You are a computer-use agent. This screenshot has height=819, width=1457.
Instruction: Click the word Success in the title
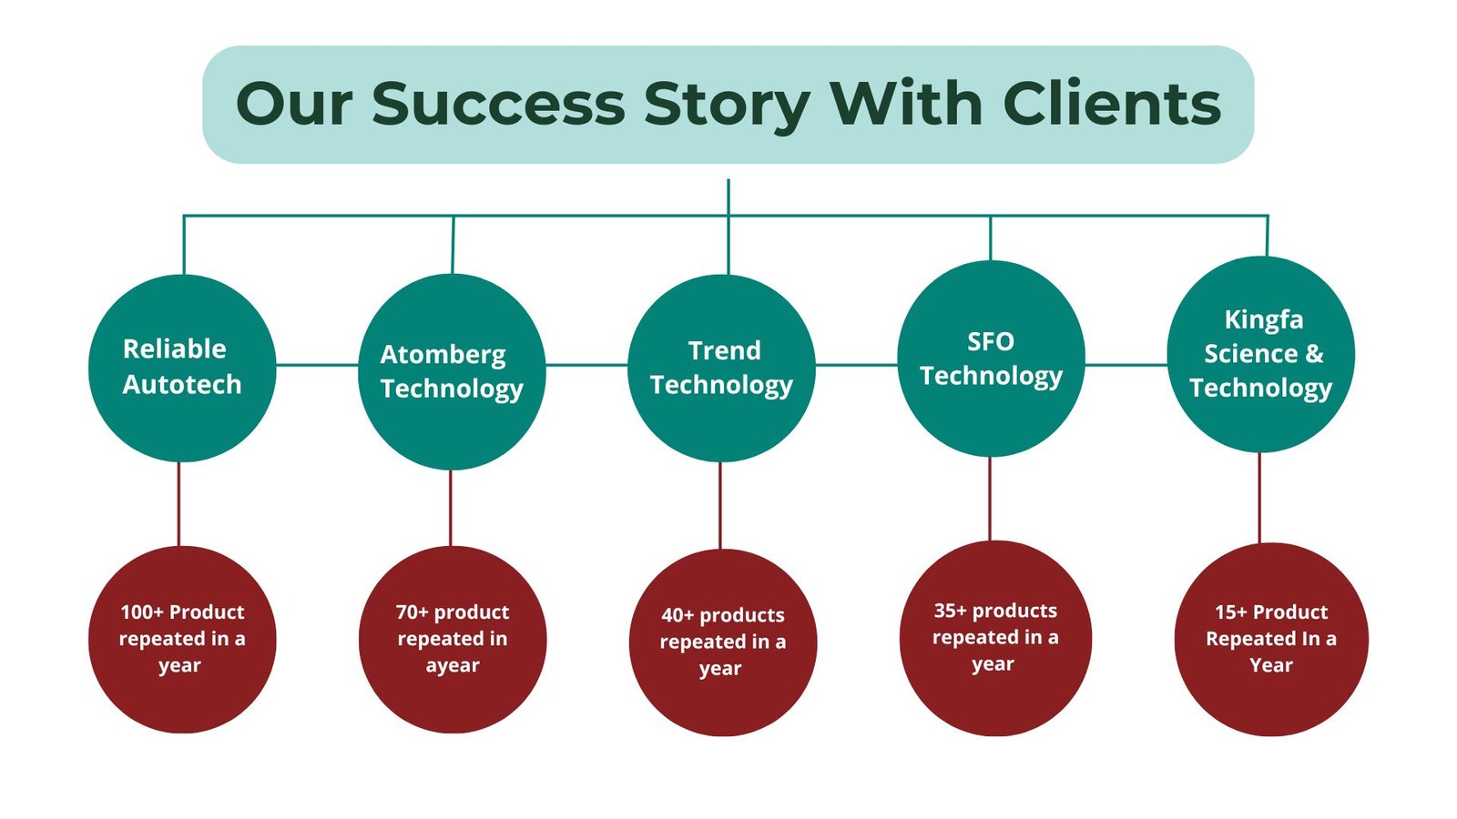coord(498,104)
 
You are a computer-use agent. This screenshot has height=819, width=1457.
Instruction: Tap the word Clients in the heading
coord(1112,104)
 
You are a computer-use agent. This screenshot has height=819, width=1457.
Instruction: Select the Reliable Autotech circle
coord(182,368)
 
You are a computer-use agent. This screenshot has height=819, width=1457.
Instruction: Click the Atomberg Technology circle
coord(452,372)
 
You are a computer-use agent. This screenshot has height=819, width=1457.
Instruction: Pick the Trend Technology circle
coord(721,368)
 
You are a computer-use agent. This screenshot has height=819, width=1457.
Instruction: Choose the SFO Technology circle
coord(991,359)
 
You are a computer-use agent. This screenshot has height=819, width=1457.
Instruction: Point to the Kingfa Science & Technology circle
coord(1261,354)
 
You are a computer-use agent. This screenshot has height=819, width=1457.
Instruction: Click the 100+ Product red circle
coord(182,640)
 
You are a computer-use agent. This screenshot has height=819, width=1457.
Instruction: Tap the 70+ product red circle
coord(453,640)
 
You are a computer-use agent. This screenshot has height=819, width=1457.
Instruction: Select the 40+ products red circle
coord(723,642)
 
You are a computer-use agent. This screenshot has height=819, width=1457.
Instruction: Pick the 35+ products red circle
coord(996,638)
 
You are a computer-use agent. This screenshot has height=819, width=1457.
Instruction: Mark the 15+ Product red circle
coord(1271,640)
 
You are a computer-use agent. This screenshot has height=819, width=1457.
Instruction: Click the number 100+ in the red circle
coord(142,612)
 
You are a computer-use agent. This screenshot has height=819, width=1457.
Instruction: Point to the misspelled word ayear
coord(453,665)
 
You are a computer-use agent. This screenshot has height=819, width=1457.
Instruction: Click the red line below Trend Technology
coord(720,506)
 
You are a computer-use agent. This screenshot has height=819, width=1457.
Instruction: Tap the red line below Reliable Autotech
coord(178,504)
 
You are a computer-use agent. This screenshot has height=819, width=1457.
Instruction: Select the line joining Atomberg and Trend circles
coord(586,365)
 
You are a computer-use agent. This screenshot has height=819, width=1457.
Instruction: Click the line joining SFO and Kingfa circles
coord(1126,365)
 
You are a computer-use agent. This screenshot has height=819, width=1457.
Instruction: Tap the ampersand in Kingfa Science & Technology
coord(1315,354)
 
